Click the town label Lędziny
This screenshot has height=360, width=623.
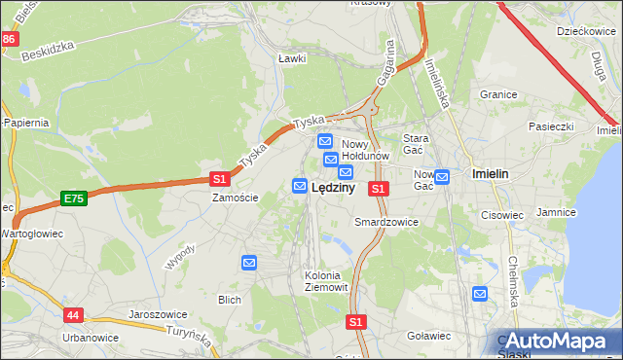(332, 188)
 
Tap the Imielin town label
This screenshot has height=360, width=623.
(490, 173)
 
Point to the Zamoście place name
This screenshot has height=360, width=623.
(236, 198)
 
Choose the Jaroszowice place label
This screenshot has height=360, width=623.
(157, 315)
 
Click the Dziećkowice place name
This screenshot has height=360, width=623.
(582, 31)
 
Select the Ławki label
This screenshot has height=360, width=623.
(292, 58)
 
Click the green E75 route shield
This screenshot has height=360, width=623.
(73, 198)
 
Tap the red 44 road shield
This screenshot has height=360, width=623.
(74, 315)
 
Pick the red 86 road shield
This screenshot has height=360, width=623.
(9, 39)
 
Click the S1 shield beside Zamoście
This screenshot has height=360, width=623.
(220, 179)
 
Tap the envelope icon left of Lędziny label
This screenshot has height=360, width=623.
(300, 185)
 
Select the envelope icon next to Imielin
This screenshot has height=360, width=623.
(442, 176)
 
